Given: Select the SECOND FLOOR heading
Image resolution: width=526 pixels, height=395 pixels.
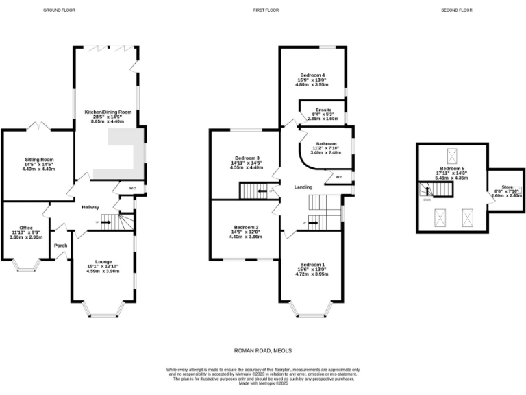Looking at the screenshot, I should pyautogui.click(x=457, y=10).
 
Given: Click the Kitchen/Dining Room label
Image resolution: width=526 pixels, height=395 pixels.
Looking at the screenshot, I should pyautogui.click(x=108, y=112).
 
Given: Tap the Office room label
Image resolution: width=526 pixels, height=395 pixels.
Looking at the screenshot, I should pyautogui.click(x=26, y=228).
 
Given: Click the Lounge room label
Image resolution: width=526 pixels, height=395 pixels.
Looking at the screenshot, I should pyautogui.click(x=103, y=261).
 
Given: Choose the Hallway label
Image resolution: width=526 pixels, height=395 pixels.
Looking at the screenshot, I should pyautogui.click(x=90, y=207).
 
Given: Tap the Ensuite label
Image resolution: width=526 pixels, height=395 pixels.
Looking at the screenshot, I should pyautogui.click(x=323, y=110).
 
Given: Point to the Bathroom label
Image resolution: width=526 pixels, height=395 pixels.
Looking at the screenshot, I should pyautogui.click(x=325, y=143).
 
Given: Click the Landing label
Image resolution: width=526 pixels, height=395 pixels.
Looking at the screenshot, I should pyautogui.click(x=303, y=187).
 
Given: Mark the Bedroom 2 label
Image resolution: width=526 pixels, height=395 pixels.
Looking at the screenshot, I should pyautogui.click(x=247, y=227).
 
